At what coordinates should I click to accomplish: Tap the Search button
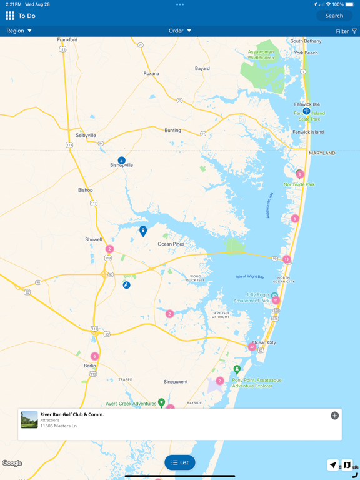(x=334, y=16)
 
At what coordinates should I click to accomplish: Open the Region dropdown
(x=19, y=31)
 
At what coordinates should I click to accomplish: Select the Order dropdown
(x=180, y=31)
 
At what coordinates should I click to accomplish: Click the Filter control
(x=346, y=31)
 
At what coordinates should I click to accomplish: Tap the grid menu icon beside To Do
(x=10, y=16)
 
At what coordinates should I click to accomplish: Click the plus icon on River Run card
(x=334, y=416)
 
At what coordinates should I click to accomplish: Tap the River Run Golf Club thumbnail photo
(x=29, y=419)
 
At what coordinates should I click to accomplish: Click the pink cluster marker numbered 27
(x=252, y=347)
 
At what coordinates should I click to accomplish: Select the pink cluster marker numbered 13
(x=286, y=259)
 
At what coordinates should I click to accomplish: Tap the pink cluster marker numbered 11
(x=276, y=301)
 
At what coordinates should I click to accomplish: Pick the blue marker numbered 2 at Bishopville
(x=121, y=161)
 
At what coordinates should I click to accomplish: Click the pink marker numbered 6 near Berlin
(x=95, y=356)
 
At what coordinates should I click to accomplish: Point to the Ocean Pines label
(x=172, y=244)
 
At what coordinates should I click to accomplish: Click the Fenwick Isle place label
(x=307, y=104)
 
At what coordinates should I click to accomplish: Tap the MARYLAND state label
(x=322, y=153)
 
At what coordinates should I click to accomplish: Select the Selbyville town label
(x=86, y=135)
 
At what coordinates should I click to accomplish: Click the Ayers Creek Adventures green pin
(x=161, y=403)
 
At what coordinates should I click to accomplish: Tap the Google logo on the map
(x=12, y=463)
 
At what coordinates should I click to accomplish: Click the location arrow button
(x=333, y=465)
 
